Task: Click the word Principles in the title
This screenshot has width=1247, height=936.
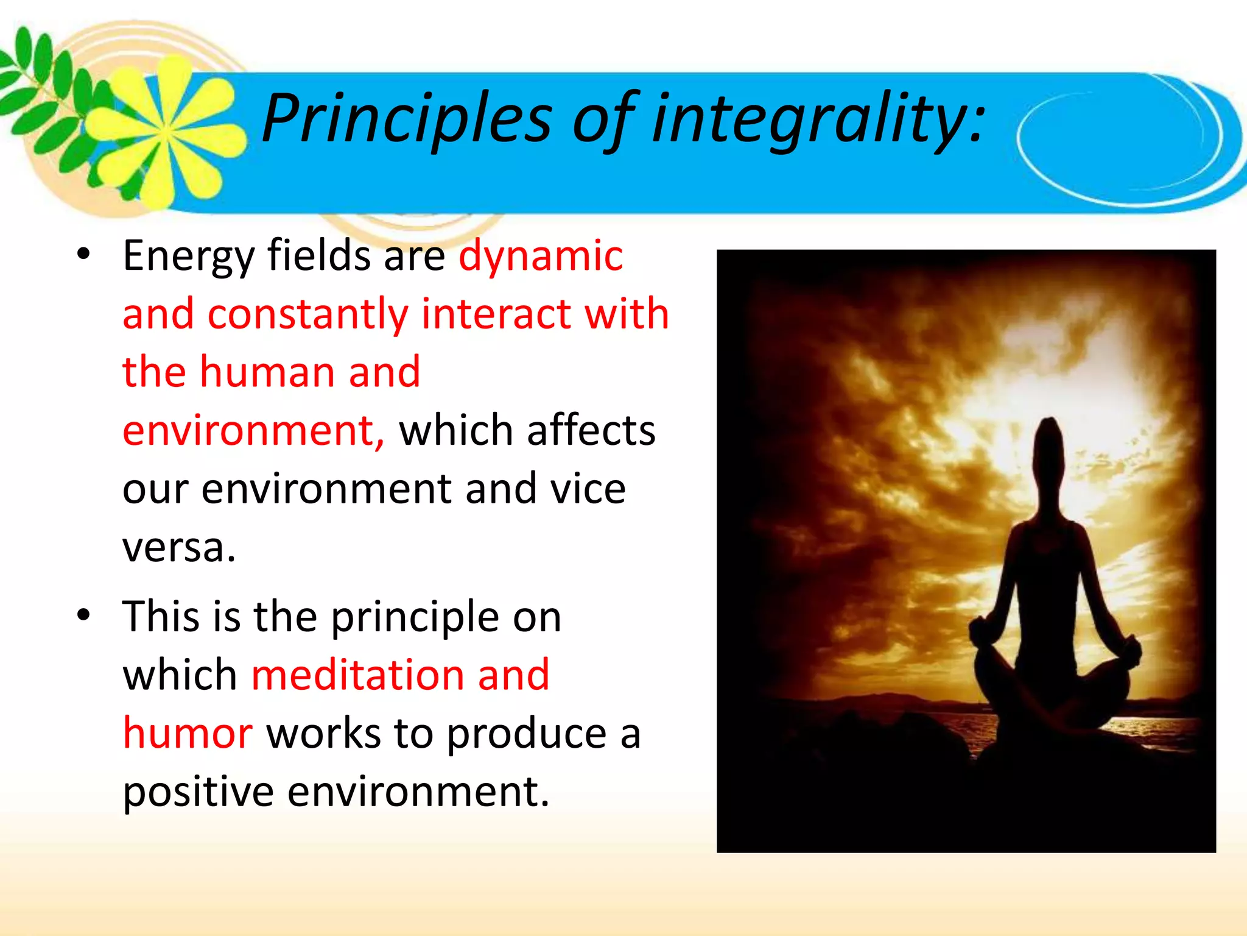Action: pyautogui.click(x=407, y=119)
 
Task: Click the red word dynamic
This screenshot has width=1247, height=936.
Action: pyautogui.click(x=540, y=255)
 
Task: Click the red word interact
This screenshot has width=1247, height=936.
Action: pyautogui.click(x=496, y=314)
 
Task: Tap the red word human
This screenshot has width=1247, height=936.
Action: pyautogui.click(x=267, y=372)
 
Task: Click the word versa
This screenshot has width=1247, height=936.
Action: pyautogui.click(x=178, y=548)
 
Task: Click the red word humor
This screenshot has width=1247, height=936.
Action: pyautogui.click(x=188, y=733)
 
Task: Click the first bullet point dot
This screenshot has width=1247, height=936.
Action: pyautogui.click(x=83, y=254)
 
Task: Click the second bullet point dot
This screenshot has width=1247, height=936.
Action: pyautogui.click(x=83, y=615)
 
